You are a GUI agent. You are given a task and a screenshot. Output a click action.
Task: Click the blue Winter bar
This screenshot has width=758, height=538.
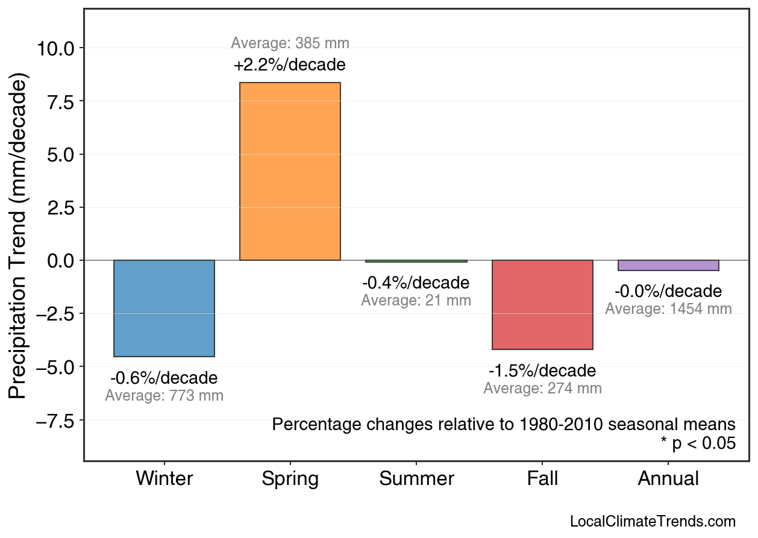click(164, 308)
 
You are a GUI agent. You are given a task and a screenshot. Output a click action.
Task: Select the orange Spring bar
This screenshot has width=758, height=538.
click(290, 171)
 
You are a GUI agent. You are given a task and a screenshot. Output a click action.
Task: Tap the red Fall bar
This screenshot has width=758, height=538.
click(542, 304)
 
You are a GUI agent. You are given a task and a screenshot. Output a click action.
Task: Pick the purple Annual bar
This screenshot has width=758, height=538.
click(668, 266)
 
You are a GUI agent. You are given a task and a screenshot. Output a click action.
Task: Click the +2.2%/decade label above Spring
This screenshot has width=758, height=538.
click(290, 64)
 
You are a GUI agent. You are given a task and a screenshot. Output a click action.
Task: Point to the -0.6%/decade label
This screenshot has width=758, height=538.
click(164, 378)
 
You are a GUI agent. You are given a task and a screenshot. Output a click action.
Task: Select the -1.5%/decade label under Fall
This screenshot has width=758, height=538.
click(542, 371)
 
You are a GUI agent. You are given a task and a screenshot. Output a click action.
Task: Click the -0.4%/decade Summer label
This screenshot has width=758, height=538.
click(416, 283)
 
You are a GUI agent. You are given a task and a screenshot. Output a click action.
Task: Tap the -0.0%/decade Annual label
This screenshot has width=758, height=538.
click(668, 292)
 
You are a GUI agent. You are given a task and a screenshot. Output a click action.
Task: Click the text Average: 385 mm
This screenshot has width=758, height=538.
click(290, 43)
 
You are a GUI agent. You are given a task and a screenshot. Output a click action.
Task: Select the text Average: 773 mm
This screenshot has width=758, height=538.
click(164, 396)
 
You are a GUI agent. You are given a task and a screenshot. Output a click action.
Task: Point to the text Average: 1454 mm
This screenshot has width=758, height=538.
click(668, 309)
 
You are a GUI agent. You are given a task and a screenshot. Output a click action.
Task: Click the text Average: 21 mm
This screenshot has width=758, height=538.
click(416, 300)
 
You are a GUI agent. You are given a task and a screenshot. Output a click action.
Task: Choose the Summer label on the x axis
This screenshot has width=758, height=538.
click(416, 479)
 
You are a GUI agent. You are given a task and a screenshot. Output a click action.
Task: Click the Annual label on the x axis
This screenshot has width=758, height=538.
click(668, 479)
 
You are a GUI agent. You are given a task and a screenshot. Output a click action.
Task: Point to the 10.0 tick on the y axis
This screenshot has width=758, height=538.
click(55, 48)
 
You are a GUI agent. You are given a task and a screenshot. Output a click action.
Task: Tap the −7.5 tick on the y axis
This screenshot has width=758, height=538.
click(55, 421)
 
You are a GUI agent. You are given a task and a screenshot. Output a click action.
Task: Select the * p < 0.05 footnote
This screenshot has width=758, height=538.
click(698, 443)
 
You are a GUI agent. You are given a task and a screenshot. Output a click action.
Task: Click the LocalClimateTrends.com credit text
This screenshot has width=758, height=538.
click(652, 522)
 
